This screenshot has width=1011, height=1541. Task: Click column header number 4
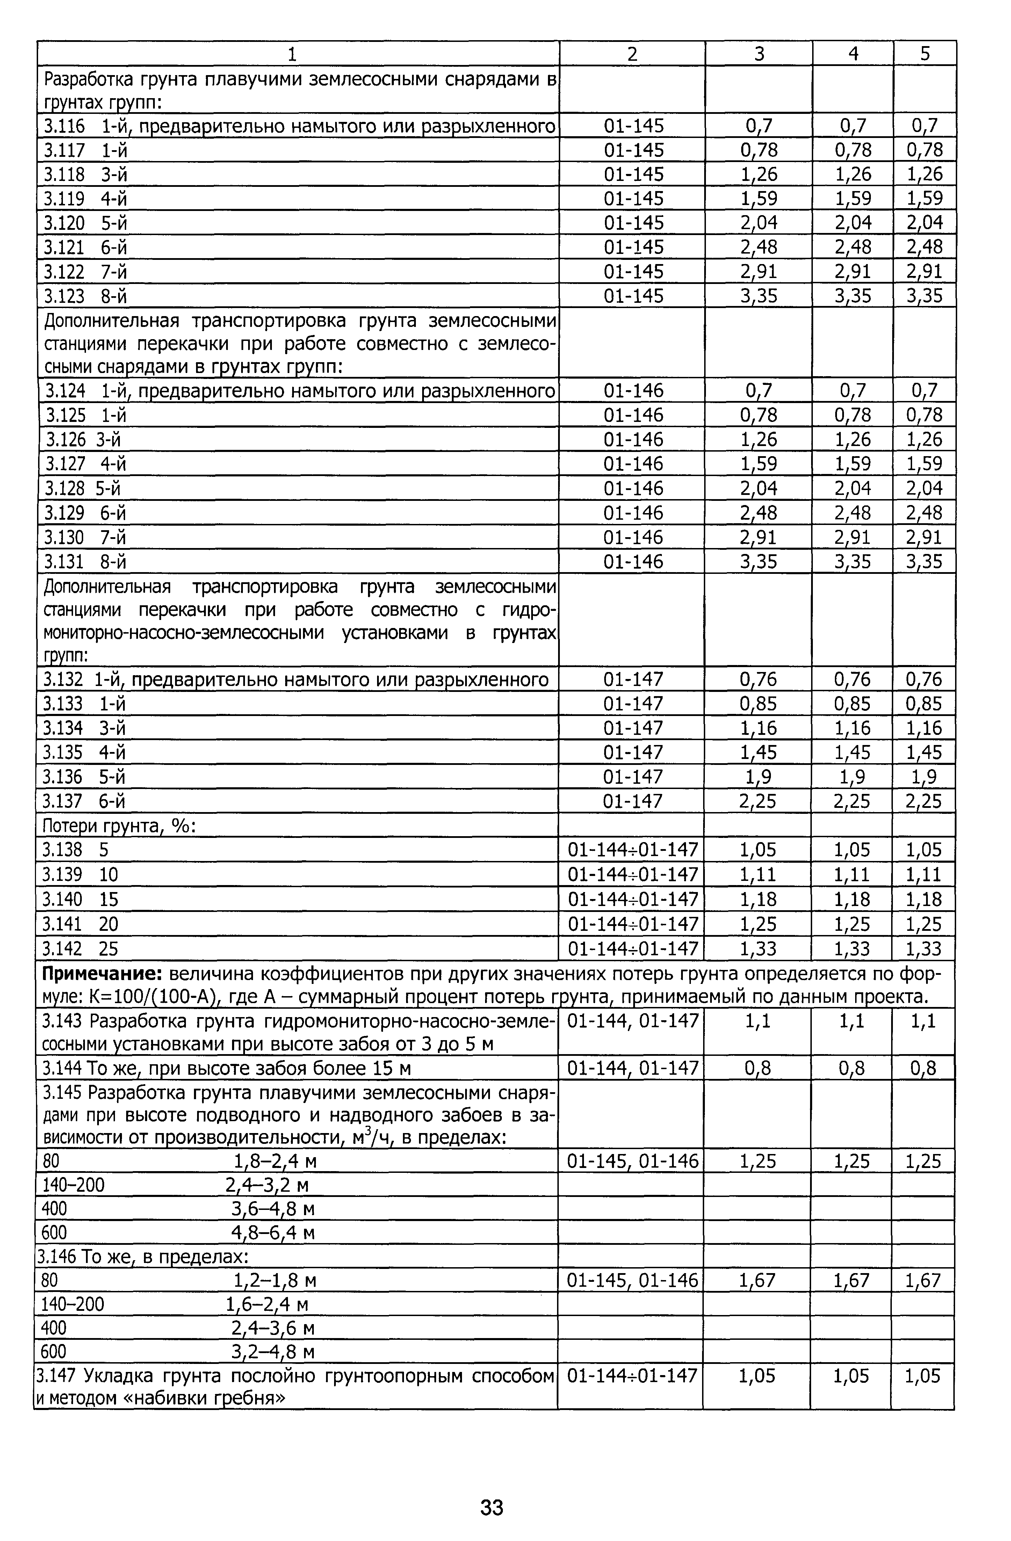(x=853, y=54)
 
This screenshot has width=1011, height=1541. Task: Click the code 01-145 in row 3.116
(x=634, y=126)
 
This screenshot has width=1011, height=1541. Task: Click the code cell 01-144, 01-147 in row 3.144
(x=633, y=1068)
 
